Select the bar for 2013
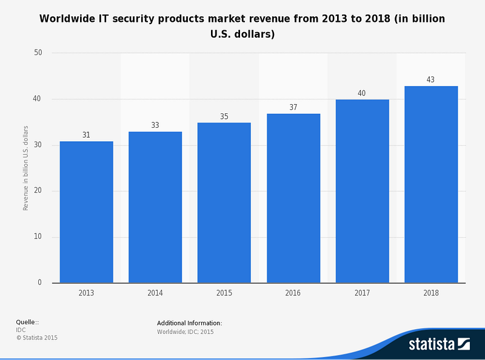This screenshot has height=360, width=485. coord(86,212)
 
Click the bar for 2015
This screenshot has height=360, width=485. coord(224,202)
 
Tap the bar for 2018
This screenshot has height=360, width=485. coord(431,184)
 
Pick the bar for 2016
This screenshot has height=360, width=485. coord(293,198)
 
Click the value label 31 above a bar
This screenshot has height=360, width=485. coord(86,135)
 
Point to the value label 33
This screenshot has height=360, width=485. coord(155,125)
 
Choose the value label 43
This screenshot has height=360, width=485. coord(430,79)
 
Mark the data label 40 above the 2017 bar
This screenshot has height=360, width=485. coord(361,93)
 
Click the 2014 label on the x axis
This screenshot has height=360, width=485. coord(155,293)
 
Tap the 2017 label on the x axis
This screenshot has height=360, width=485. coord(361,293)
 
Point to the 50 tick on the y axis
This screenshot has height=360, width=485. coord(38,53)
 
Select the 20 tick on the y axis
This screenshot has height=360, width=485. coord(38,191)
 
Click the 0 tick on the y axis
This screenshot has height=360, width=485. coord(40,283)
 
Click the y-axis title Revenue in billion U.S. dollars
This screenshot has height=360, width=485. coord(26,168)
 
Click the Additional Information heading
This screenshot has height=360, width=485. coord(189,323)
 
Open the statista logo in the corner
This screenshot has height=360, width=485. coord(439,344)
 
